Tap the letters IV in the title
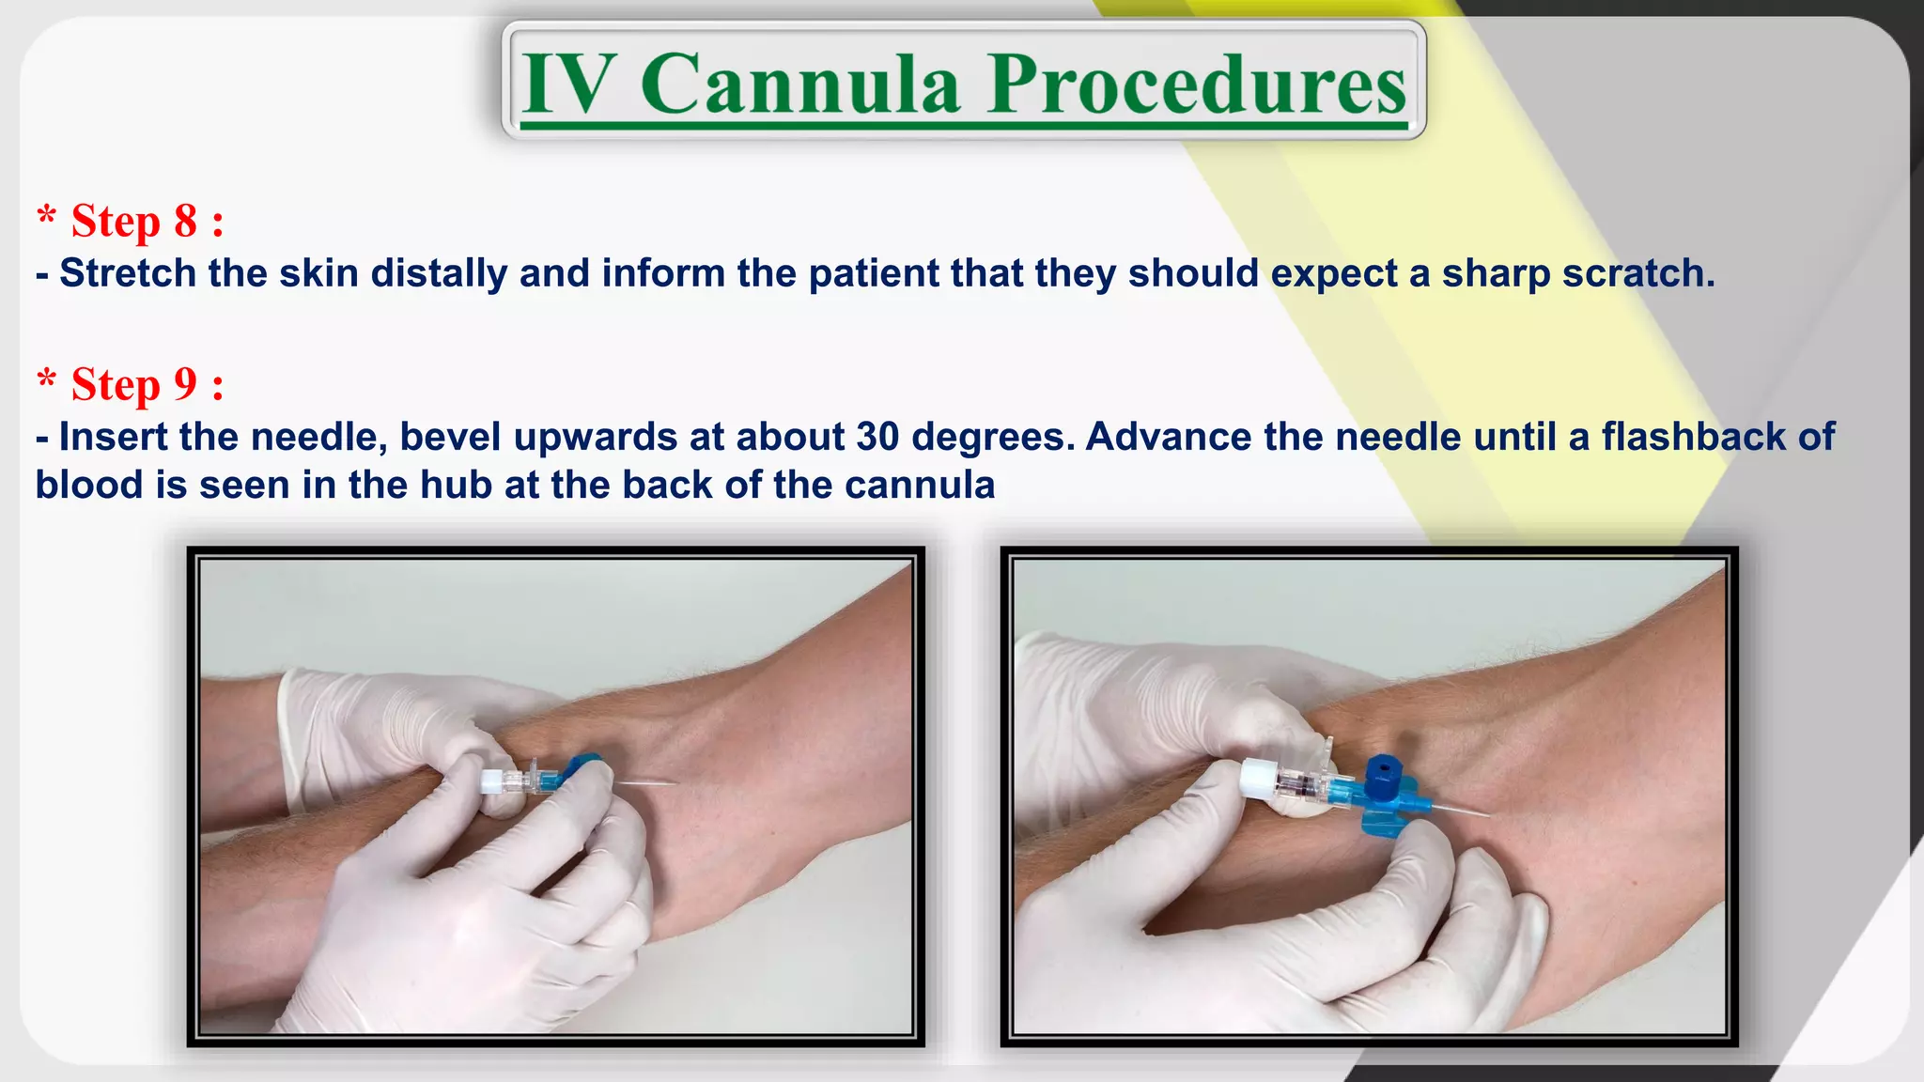[x=569, y=85]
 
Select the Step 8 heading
[x=132, y=222]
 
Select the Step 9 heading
[x=132, y=385]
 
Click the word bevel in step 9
[x=451, y=437]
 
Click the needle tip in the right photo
[x=1487, y=814]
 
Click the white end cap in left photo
[x=491, y=781]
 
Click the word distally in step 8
[x=439, y=273]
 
